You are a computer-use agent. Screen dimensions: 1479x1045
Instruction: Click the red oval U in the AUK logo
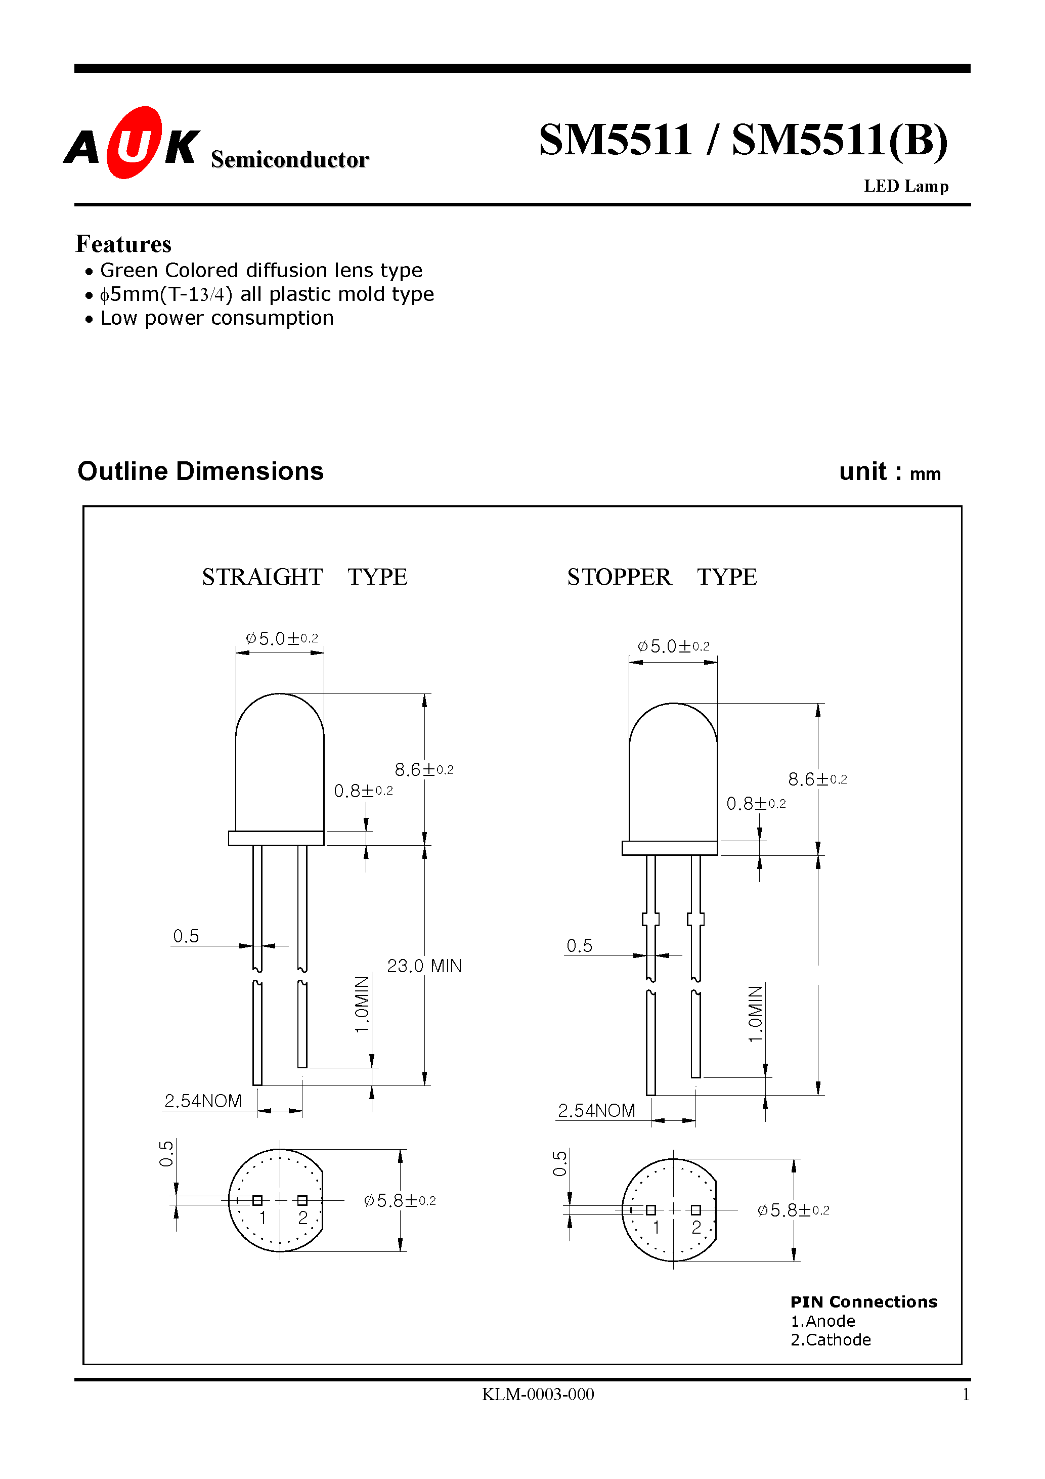pos(134,143)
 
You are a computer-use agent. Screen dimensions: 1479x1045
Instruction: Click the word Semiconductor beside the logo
pos(289,159)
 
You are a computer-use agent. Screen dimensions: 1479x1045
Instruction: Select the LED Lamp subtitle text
pos(905,186)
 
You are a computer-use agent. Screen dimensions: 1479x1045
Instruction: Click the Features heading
pos(123,244)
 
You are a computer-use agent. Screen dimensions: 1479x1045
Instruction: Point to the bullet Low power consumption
pos(216,318)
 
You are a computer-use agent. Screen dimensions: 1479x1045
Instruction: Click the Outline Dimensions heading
pos(200,471)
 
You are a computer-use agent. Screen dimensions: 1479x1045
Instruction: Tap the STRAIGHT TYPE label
pos(304,577)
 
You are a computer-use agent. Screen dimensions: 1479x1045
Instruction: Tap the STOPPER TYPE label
pos(661,577)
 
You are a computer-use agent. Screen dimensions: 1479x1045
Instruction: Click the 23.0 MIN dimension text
pos(423,966)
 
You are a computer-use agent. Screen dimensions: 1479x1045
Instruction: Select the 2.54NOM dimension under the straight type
pos(203,1101)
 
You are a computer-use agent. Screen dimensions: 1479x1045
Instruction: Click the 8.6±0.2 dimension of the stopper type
pos(817,779)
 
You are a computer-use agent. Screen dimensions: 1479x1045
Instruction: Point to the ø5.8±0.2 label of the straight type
pos(400,1201)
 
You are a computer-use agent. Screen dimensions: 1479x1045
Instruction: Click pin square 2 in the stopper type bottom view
pos(695,1210)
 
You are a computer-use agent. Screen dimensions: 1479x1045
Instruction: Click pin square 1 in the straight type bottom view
pos(257,1201)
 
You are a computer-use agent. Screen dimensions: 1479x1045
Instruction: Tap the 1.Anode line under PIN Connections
pos(823,1321)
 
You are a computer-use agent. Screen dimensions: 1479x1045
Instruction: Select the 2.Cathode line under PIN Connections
pos(830,1340)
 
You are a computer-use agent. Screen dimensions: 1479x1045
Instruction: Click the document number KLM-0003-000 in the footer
pos(537,1394)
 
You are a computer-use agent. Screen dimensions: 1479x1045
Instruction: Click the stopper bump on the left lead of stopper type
pos(650,919)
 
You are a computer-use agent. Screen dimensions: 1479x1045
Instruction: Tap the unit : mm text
pos(889,472)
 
